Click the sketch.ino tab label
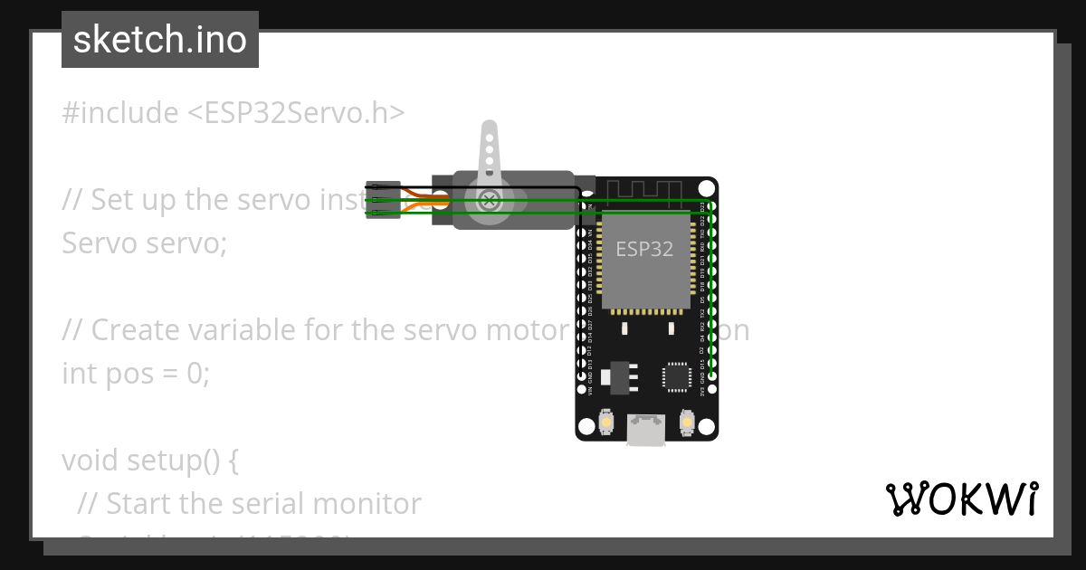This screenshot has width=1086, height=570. [159, 40]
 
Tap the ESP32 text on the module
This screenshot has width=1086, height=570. [644, 249]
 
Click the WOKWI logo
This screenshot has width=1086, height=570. [961, 499]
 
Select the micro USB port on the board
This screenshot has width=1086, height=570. [646, 431]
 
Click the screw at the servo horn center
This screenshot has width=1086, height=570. [489, 200]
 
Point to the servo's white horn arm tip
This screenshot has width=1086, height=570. [489, 131]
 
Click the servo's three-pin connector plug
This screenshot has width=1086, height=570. [383, 200]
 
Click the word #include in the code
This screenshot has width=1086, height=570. [120, 113]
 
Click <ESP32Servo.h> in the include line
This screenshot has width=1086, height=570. [296, 113]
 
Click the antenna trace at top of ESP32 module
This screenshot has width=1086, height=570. [643, 191]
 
